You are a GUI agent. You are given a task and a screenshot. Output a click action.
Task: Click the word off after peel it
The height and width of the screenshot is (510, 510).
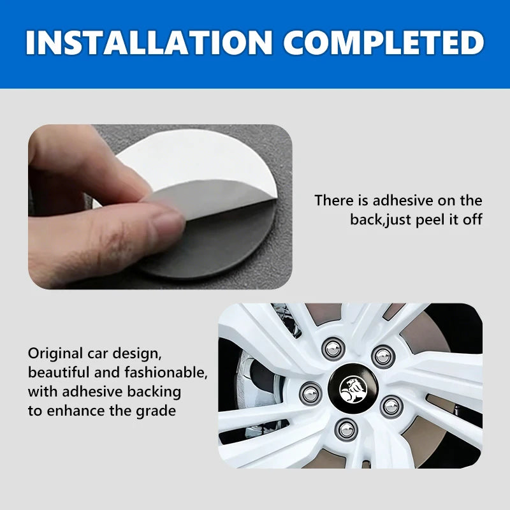click(x=471, y=220)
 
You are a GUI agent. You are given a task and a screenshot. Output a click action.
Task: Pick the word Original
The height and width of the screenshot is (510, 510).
click(x=55, y=353)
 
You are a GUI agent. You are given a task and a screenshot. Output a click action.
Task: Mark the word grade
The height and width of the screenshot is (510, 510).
click(x=155, y=411)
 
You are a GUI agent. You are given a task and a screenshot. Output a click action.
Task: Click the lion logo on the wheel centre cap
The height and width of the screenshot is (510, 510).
click(x=350, y=387)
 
